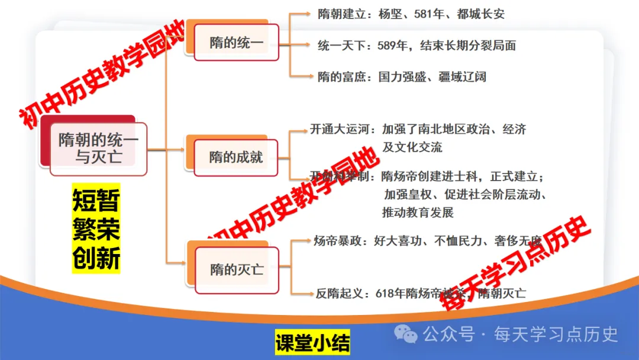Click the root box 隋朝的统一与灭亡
tap(98, 149)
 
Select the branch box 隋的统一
tap(236, 43)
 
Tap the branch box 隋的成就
tap(236, 157)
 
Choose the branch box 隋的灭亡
tap(236, 269)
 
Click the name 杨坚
tap(390, 14)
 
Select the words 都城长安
tap(481, 14)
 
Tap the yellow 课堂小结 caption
tap(312, 343)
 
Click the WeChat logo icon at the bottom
tap(406, 335)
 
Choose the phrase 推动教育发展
tap(418, 212)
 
